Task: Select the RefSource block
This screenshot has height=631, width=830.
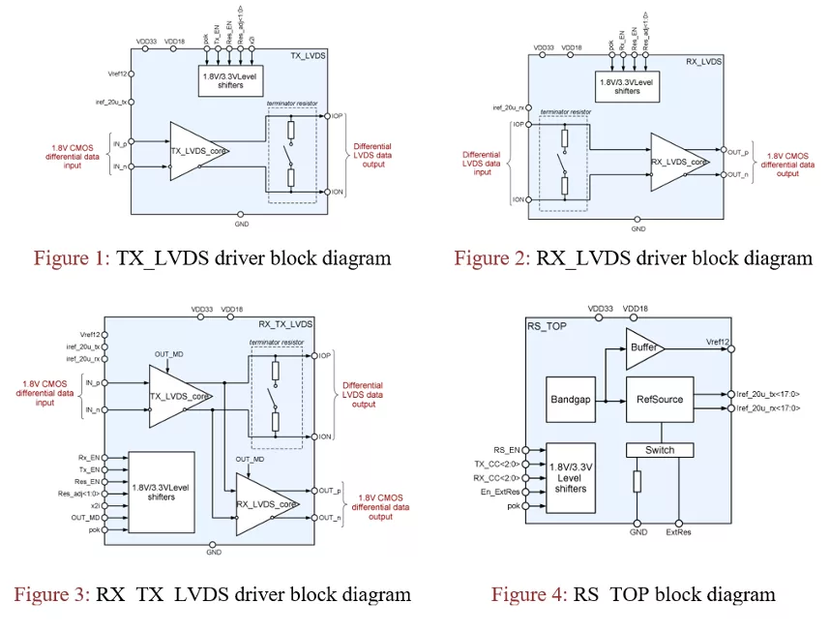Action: click(x=658, y=398)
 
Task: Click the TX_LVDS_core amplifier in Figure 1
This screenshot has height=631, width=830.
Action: click(x=197, y=151)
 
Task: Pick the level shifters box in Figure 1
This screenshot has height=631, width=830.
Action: click(x=237, y=80)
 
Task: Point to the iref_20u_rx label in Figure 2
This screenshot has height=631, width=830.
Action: click(x=508, y=107)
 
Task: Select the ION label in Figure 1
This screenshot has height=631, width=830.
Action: click(x=336, y=192)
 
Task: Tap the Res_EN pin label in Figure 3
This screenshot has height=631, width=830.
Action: click(x=89, y=480)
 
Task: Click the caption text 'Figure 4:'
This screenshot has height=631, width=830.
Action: click(x=529, y=594)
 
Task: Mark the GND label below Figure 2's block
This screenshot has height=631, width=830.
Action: click(x=638, y=229)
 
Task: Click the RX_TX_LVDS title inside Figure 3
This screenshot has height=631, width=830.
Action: click(x=286, y=322)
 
